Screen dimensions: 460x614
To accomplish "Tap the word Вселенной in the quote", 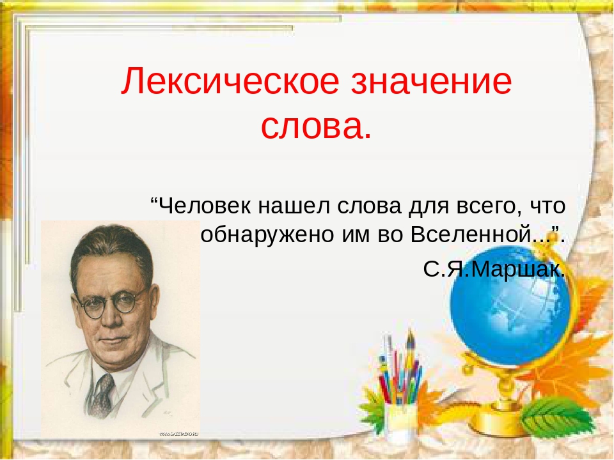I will click(476, 236).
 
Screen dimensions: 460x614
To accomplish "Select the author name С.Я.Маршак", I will click(494, 269).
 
